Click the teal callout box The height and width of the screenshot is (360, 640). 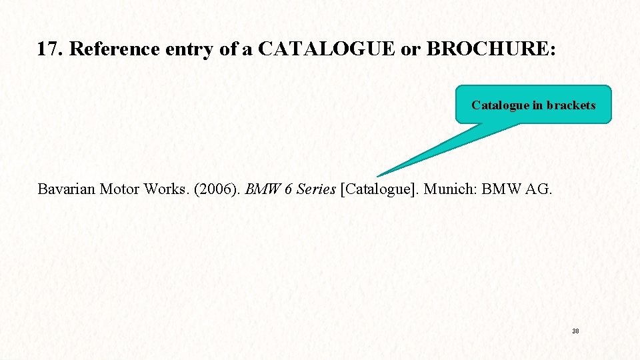(x=533, y=105)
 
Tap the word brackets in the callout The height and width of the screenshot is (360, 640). (x=570, y=105)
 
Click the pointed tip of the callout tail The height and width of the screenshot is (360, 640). (x=378, y=176)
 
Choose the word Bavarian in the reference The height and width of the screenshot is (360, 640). (x=67, y=189)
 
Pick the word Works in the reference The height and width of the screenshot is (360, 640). (x=162, y=189)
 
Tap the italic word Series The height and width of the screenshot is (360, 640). (x=316, y=189)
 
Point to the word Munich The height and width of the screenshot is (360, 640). (x=450, y=189)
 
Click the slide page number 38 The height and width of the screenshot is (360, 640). (x=575, y=331)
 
